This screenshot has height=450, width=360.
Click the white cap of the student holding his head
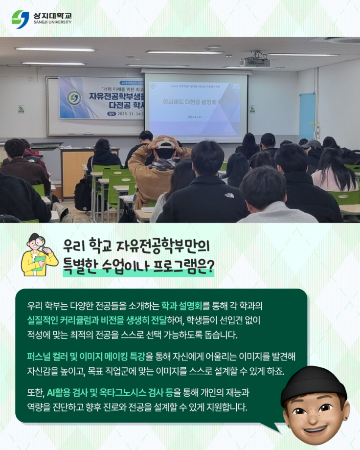(166, 143)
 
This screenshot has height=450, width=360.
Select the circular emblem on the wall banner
(73, 98)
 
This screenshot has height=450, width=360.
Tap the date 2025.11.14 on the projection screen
(194, 117)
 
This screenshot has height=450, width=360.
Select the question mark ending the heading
(209, 268)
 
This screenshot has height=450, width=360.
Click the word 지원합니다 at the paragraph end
(225, 406)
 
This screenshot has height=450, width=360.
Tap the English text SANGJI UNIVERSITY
(52, 22)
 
